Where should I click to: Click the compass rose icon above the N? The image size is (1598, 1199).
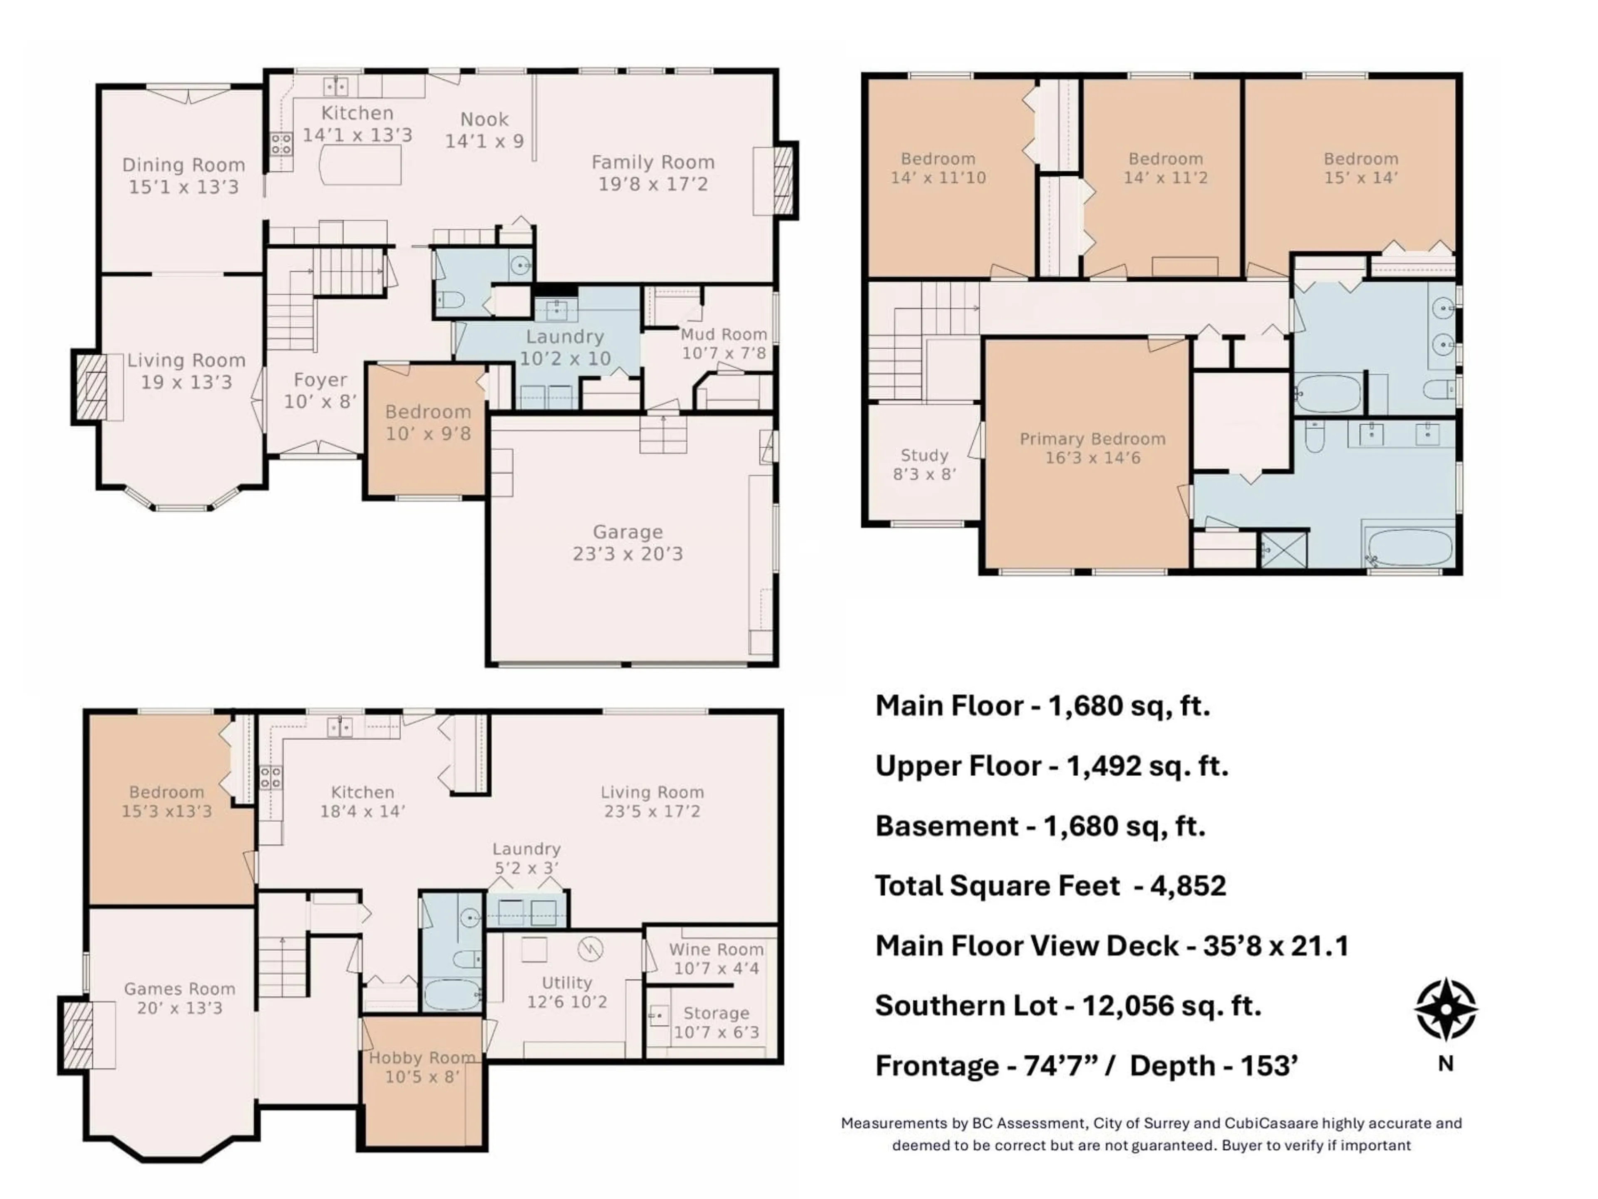[x=1446, y=1008]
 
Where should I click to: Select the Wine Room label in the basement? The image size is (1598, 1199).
[x=715, y=949]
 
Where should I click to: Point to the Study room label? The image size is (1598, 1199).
[x=924, y=455]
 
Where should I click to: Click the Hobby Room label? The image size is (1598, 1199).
[x=422, y=1057]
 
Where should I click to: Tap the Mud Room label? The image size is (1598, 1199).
[x=723, y=334]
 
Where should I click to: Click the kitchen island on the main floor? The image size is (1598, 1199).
[x=360, y=165]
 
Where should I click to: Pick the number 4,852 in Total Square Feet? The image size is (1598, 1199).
[x=1188, y=886]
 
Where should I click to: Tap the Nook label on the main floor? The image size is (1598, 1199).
[x=484, y=119]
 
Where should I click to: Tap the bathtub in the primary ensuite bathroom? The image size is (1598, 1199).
[x=1409, y=547]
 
